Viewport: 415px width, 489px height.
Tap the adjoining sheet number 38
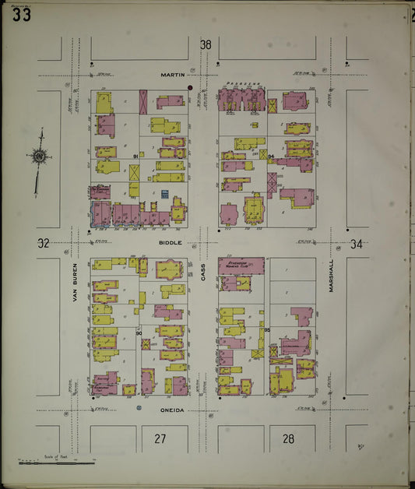(206, 45)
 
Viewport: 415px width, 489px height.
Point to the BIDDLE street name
(171, 243)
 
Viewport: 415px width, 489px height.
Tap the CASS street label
(202, 271)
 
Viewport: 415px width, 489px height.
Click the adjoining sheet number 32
(44, 243)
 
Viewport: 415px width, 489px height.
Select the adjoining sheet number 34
(356, 244)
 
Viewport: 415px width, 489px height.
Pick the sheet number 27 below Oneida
(160, 439)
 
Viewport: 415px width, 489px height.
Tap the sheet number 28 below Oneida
(288, 439)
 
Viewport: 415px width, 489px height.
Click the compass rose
(39, 157)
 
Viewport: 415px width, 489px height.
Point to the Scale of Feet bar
(55, 463)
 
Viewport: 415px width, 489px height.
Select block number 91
(135, 157)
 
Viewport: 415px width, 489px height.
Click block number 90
(139, 333)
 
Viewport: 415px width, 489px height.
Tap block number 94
(270, 157)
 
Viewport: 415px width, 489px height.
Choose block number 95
(266, 330)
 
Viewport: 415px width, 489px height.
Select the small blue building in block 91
(165, 192)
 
